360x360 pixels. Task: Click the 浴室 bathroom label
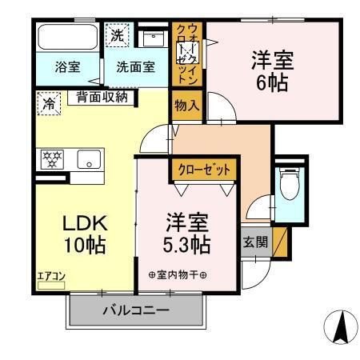[x=67, y=67]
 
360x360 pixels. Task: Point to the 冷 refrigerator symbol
[x=50, y=102]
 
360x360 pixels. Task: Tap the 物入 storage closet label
[x=184, y=105]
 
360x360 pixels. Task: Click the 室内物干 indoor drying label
[x=178, y=276]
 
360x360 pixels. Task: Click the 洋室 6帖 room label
[x=270, y=70]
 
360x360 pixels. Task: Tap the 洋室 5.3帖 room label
[x=188, y=233]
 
